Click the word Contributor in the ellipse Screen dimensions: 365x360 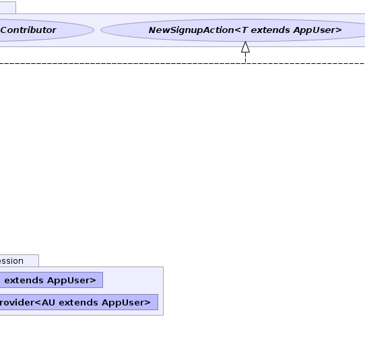pos(28,30)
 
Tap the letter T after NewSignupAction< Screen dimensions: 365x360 pos(244,30)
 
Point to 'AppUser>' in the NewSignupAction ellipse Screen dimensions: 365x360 pos(317,30)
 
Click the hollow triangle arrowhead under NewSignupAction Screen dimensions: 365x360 pos(245,47)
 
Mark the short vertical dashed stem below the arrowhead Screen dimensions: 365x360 pos(245,58)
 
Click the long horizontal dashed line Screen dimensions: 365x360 pos(182,63)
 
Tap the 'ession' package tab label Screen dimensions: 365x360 pos(11,261)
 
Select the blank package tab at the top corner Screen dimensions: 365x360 pos(8,7)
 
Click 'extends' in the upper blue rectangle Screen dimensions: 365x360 pos(24,280)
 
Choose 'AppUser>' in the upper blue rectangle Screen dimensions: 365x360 pos(71,281)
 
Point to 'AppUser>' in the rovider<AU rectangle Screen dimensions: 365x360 pos(126,303)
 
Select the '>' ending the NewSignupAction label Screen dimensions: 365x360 pos(339,30)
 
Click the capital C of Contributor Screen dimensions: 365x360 pos(4,30)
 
